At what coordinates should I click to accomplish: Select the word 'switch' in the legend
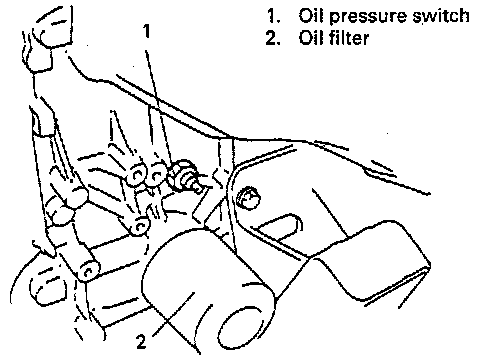coord(441,15)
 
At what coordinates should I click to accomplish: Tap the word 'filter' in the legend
coord(349,37)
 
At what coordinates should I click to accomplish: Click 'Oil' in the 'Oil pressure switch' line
coord(311,15)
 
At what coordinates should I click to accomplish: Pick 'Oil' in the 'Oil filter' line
coord(311,37)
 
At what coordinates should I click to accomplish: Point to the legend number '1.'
coord(274,16)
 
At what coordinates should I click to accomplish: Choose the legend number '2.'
coord(273,38)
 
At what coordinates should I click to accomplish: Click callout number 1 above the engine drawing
coord(147,31)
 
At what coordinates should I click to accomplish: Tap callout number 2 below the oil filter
coord(141,341)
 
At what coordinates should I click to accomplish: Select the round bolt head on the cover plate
coord(248,199)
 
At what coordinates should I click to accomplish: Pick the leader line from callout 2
coord(172,314)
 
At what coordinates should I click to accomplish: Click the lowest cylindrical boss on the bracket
coord(88,269)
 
